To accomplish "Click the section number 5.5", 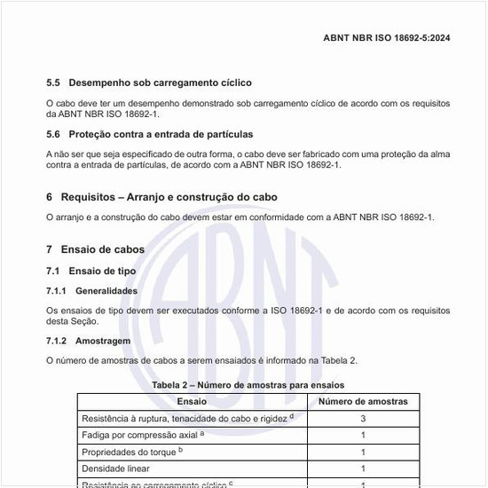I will coord(53,83).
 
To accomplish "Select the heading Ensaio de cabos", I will coord(102,249).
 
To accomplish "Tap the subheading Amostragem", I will coord(103,341).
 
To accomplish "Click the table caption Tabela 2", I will coord(248,385).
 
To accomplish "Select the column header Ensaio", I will coord(192,401).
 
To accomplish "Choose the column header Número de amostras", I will coord(363,401).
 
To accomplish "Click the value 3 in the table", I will coord(363,418).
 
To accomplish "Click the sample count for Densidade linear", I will coord(363,468).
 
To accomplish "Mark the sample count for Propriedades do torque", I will coord(363,452).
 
